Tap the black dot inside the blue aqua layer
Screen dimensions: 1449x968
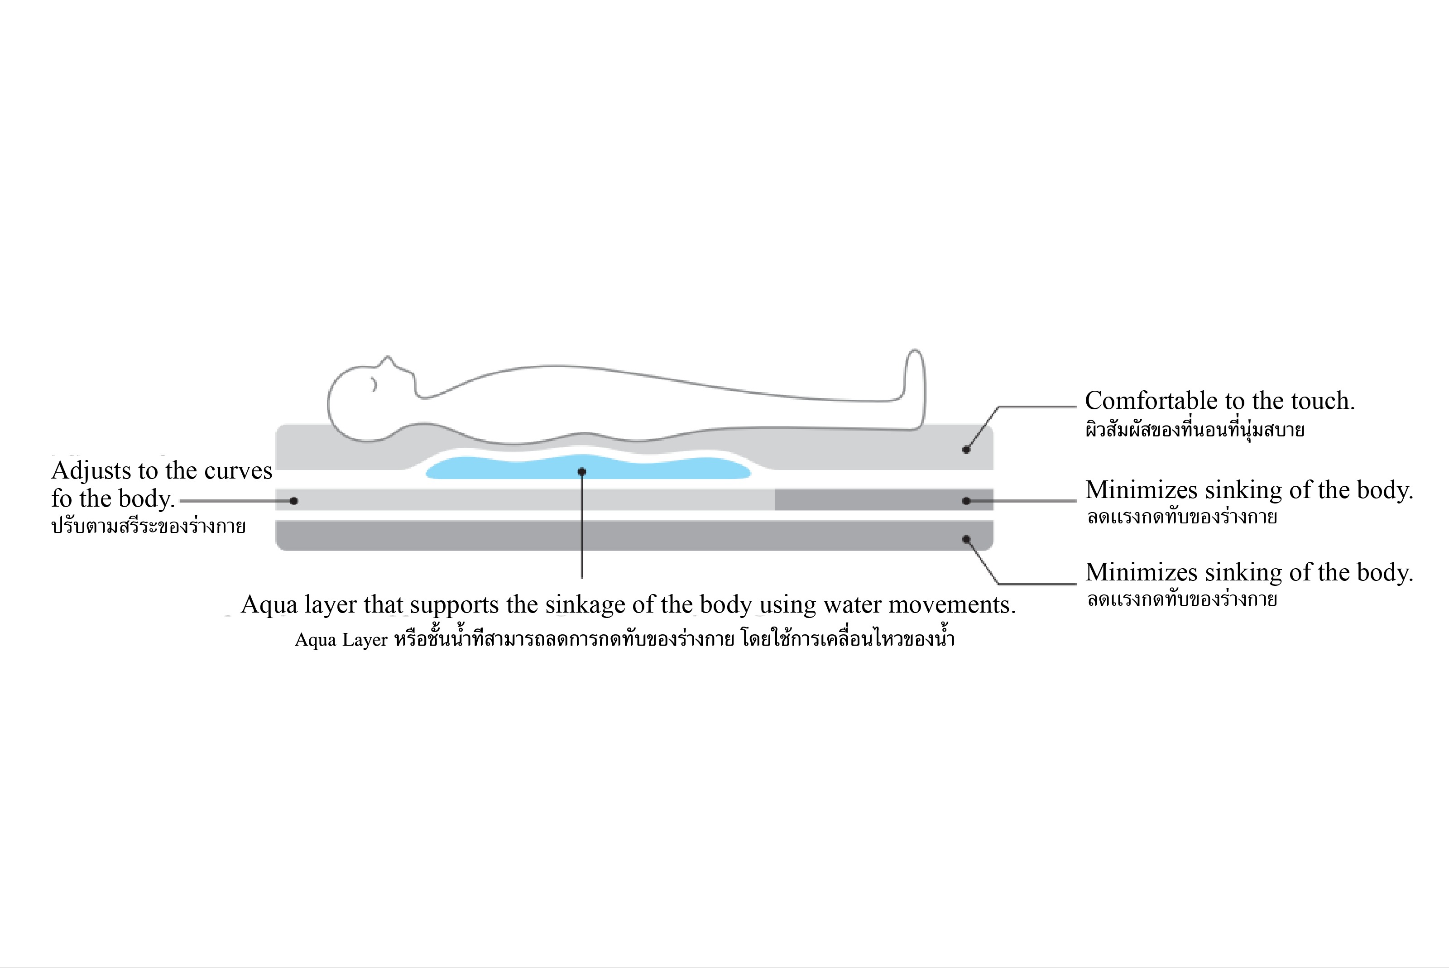click(581, 472)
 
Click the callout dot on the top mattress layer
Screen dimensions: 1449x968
click(966, 450)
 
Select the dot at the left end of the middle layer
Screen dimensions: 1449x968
click(294, 501)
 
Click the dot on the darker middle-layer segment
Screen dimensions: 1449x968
click(966, 501)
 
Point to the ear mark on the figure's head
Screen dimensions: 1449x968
click(374, 384)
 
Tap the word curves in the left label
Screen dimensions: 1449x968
click(238, 471)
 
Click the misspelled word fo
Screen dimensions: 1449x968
click(61, 498)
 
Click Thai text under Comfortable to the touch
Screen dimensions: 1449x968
click(1195, 430)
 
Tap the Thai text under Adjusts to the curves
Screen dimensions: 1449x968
click(148, 527)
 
